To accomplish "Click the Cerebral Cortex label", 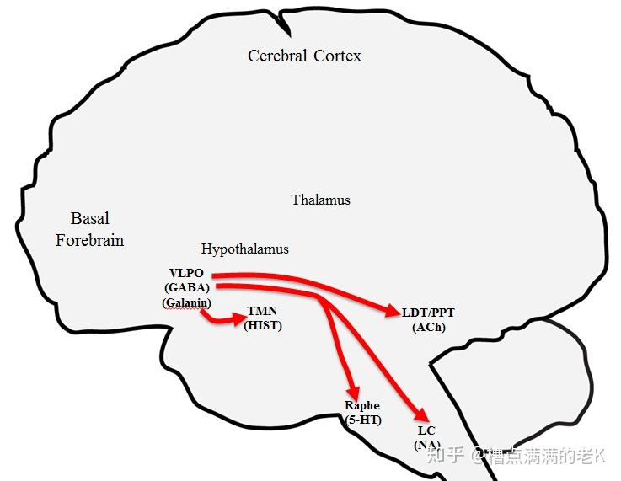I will click(x=304, y=56).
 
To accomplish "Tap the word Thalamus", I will click(x=320, y=200).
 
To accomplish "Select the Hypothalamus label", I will click(x=244, y=249).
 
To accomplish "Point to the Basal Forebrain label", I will click(x=89, y=229).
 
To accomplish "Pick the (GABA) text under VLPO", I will click(x=187, y=287).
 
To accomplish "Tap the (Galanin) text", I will click(x=186, y=302).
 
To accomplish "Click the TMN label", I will click(x=261, y=311).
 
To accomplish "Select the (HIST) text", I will click(x=262, y=325).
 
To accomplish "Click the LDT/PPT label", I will click(x=428, y=313).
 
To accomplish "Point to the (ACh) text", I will click(x=428, y=327).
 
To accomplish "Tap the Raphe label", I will click(x=362, y=406).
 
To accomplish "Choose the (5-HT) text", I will click(x=363, y=420).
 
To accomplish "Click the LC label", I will click(x=426, y=430).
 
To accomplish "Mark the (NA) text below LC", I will click(x=426, y=444).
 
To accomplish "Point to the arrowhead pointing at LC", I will click(x=419, y=415).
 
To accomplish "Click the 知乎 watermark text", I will click(x=446, y=456).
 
